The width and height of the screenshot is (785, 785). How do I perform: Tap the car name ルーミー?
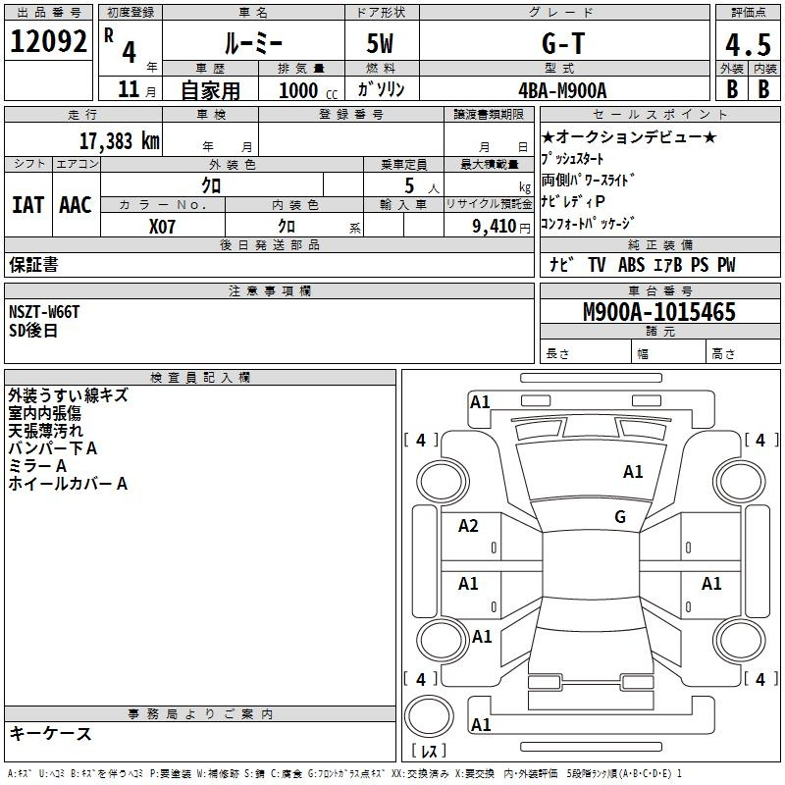252,44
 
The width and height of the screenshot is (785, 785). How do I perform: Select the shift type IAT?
27,204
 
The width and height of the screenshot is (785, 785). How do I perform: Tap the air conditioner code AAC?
76,204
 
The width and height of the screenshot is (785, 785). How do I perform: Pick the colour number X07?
162,226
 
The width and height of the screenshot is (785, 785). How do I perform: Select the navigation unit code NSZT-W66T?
44,312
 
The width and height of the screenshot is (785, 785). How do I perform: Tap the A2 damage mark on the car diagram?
468,526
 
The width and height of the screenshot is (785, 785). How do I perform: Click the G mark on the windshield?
620,517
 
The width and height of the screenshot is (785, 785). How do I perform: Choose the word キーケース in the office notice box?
50,733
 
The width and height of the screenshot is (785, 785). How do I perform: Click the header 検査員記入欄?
200,377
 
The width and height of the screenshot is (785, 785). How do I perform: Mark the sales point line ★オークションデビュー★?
629,137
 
